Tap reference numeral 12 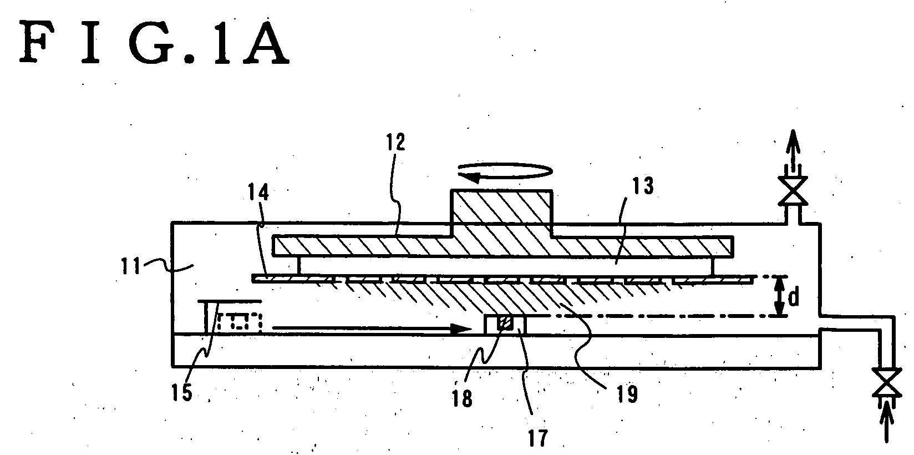396,141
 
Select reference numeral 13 643,186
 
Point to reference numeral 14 258,192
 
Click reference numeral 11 130,266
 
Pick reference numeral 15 181,392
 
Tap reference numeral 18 462,398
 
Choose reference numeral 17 538,438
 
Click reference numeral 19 627,394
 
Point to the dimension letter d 793,298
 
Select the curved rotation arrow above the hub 505,171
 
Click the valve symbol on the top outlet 793,191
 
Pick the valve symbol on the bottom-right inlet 887,382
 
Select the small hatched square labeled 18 505,323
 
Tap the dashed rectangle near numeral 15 238,321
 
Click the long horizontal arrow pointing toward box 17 372,328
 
